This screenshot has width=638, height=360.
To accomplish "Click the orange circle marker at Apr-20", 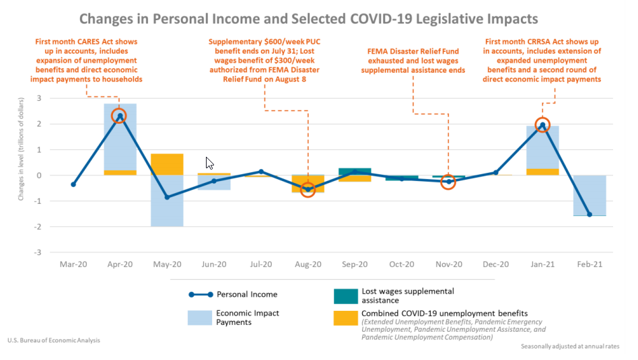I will [119, 116].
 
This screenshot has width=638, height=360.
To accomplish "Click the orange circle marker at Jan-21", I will [542, 124].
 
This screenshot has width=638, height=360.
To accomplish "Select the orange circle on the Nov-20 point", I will [448, 182].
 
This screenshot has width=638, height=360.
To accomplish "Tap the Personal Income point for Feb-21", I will [590, 215].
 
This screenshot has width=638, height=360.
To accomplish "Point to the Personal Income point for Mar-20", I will [73, 184].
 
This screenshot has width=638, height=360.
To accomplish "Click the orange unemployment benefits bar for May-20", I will [167, 164].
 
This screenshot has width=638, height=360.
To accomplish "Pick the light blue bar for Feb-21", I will [590, 195].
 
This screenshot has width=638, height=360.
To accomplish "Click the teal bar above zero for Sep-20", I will [355, 171].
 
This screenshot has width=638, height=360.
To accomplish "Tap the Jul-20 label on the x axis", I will [260, 264].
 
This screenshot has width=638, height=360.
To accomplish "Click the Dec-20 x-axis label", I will [495, 264].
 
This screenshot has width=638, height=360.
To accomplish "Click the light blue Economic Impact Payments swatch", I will [199, 318].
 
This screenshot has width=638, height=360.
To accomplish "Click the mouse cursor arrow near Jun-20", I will [209, 163].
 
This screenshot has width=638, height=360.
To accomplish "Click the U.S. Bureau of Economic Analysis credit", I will [55, 340].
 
